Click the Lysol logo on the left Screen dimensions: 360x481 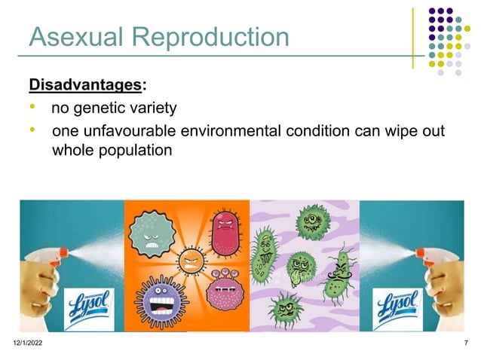click(x=90, y=306)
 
